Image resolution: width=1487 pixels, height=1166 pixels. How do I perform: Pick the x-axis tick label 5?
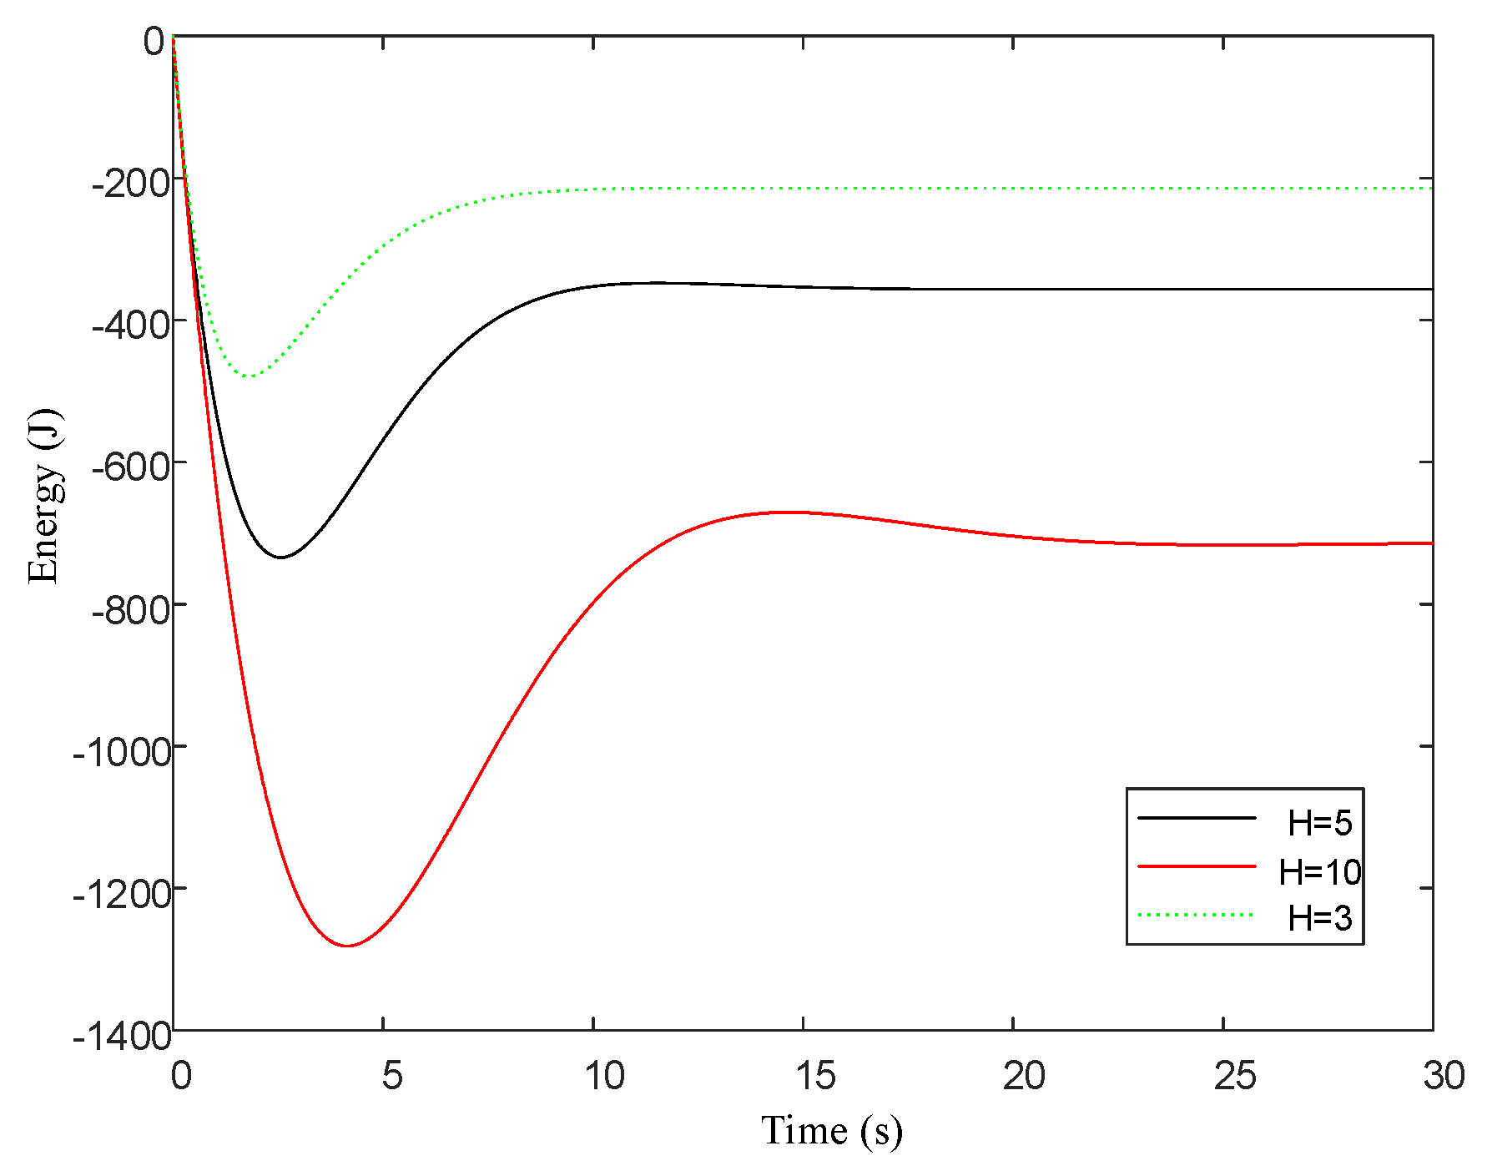391,1076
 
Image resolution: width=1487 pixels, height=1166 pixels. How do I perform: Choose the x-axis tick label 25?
1234,1076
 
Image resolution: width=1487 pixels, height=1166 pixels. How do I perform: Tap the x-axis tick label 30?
1444,1076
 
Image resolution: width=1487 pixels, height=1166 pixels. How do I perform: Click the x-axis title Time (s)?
831,1131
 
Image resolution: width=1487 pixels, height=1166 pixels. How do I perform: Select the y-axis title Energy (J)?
43,497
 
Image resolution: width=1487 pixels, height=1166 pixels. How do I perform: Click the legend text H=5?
1319,823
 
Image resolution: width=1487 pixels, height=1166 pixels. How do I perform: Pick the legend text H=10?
1319,872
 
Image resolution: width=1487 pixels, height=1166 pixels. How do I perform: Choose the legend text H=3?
1319,918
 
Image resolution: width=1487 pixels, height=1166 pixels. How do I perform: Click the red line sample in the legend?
1197,867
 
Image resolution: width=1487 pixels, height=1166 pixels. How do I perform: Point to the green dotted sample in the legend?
1197,915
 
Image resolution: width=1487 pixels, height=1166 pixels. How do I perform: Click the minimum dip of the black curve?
281,557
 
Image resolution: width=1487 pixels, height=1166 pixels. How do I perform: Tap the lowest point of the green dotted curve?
249,376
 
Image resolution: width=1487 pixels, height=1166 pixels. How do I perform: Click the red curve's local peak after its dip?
784,512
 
